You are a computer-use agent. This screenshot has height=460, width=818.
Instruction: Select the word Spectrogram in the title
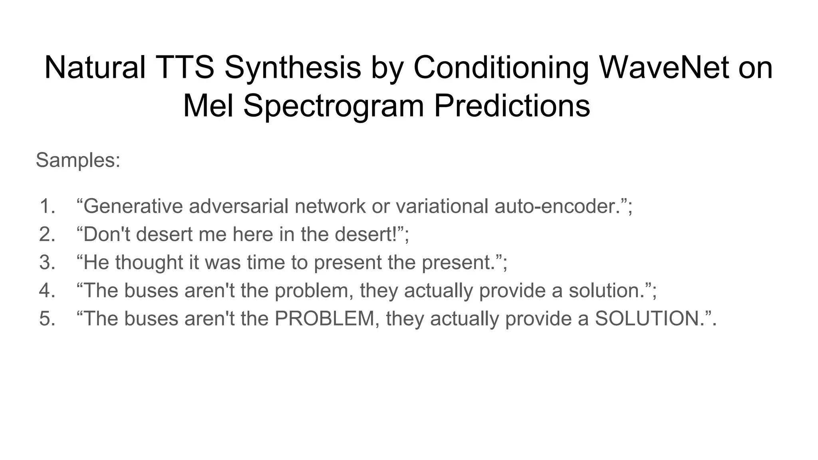(x=334, y=105)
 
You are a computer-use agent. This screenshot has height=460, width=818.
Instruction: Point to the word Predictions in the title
(x=512, y=105)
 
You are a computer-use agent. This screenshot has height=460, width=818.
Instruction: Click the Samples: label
(x=78, y=160)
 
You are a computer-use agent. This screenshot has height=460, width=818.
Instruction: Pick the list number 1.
(x=47, y=206)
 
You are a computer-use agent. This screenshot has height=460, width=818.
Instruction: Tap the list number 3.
(x=47, y=262)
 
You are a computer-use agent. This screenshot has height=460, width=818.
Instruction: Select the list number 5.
(x=47, y=319)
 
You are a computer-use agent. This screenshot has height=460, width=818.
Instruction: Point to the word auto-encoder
(x=557, y=206)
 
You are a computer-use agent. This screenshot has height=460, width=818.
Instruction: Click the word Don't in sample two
(x=107, y=234)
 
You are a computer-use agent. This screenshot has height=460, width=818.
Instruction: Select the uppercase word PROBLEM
(x=324, y=319)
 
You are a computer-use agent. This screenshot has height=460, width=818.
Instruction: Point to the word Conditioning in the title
(x=501, y=67)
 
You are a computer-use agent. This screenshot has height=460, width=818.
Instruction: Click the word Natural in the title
(x=95, y=67)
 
